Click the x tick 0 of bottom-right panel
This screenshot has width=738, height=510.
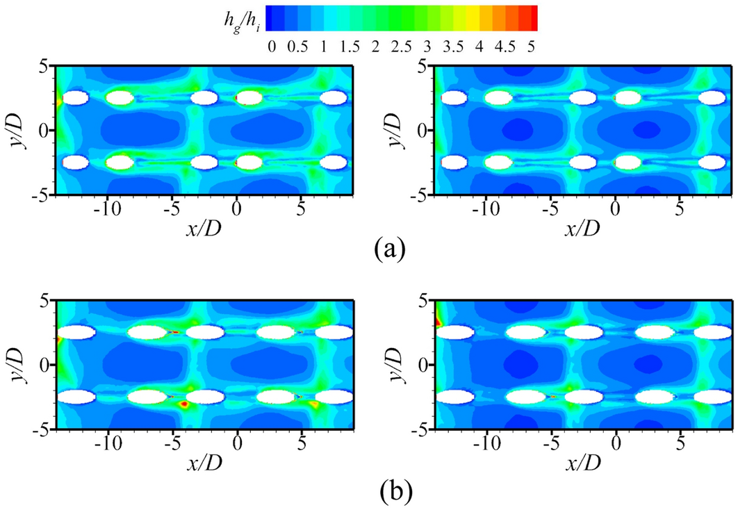[x=616, y=443]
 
